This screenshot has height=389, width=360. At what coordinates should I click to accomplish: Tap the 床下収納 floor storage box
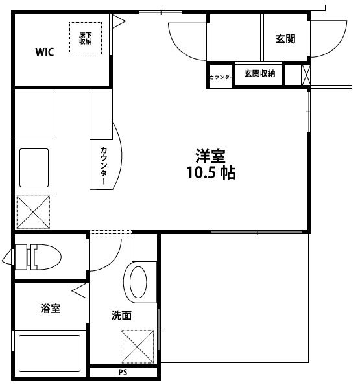click(x=85, y=38)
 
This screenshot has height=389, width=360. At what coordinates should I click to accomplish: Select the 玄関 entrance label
click(x=285, y=39)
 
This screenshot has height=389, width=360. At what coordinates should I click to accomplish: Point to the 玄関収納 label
click(x=259, y=73)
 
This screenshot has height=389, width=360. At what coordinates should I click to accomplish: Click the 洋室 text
click(x=210, y=156)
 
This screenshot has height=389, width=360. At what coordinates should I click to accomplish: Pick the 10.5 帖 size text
click(x=210, y=173)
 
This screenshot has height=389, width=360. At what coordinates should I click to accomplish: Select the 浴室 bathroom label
click(x=49, y=309)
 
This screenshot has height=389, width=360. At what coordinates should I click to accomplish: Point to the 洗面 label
click(x=121, y=316)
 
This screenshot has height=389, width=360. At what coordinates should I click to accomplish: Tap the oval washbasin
click(x=139, y=282)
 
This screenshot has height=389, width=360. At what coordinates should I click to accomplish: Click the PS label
click(x=123, y=373)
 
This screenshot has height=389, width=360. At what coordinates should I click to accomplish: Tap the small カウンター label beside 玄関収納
click(x=220, y=77)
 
